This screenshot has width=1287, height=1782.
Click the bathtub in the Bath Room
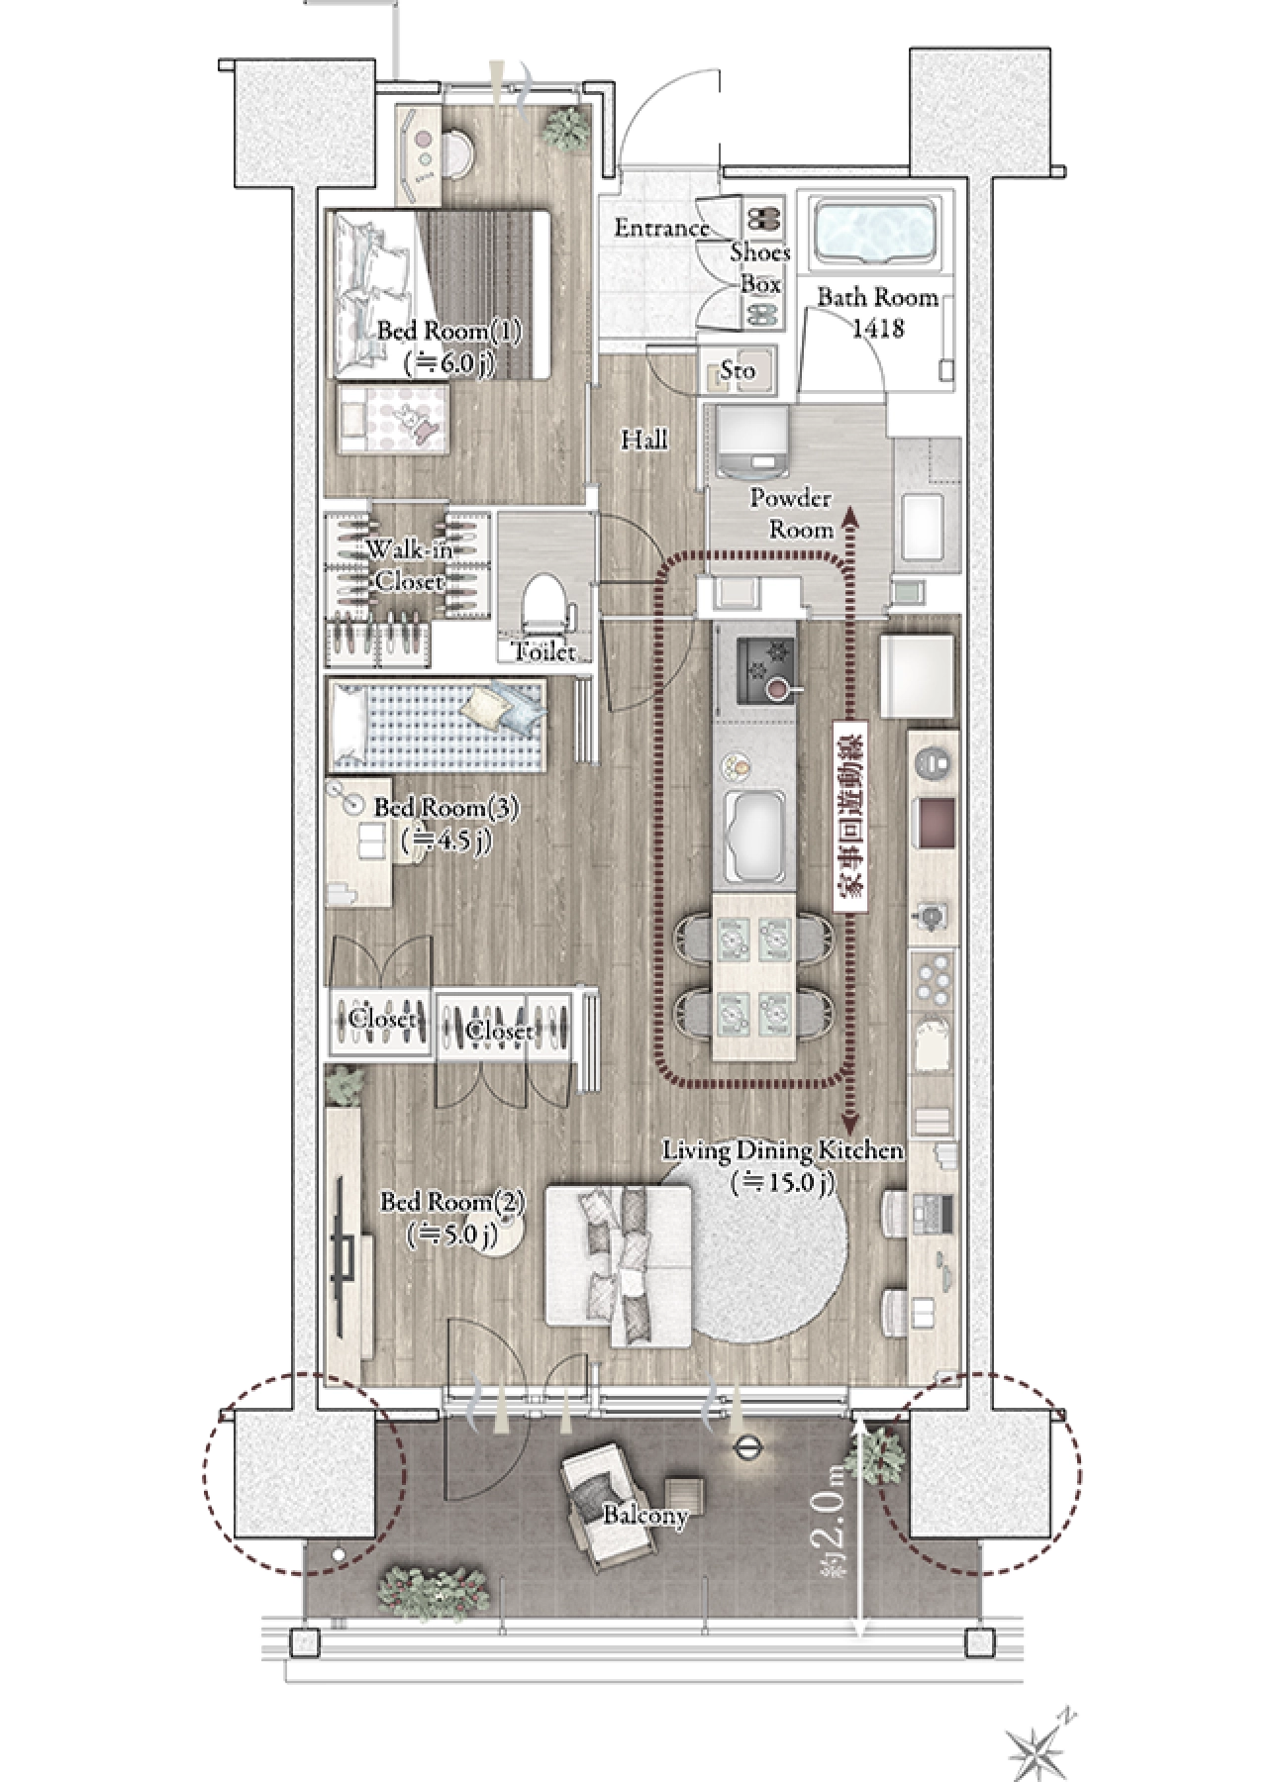coord(874,232)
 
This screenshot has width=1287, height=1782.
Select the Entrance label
coord(662,229)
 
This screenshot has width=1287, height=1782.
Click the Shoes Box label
coord(760,268)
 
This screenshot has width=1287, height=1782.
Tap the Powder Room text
coord(791,514)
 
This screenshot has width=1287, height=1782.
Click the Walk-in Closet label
coord(409,565)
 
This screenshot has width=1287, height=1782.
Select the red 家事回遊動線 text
coord(850,817)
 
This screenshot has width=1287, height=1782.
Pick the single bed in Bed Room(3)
coord(437,726)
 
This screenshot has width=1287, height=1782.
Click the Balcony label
coord(645,1516)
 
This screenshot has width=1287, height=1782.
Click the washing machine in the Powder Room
coord(751,443)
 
